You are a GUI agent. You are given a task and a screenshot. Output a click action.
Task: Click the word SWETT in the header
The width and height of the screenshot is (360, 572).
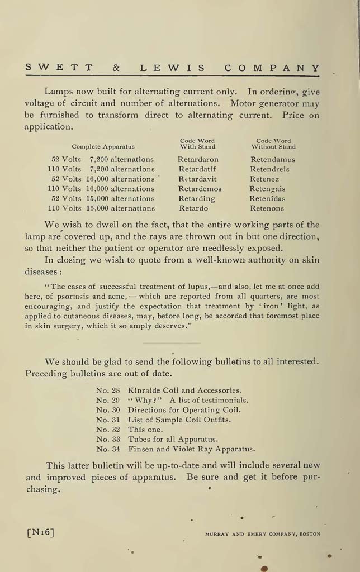(59, 68)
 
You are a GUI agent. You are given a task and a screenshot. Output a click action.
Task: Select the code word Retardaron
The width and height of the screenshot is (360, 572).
(198, 159)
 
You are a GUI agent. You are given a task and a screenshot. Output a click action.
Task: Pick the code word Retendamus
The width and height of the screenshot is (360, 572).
(273, 159)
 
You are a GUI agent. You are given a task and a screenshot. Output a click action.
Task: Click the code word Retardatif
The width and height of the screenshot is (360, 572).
(197, 169)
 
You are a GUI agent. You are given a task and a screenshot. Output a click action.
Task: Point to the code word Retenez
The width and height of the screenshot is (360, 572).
(264, 179)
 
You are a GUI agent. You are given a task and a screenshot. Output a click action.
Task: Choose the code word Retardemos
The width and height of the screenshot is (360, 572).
(200, 189)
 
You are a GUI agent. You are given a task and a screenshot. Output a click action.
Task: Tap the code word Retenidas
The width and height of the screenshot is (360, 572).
(268, 199)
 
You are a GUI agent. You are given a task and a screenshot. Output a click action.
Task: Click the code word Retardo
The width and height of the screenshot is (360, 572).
(193, 208)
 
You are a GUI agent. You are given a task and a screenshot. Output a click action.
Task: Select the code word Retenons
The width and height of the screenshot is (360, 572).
(267, 208)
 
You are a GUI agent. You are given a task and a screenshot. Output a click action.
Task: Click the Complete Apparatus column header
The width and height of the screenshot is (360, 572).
(103, 147)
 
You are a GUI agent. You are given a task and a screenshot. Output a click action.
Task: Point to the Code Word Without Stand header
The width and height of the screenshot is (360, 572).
(273, 144)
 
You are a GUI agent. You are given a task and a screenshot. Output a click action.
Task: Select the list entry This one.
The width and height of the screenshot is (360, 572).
(145, 430)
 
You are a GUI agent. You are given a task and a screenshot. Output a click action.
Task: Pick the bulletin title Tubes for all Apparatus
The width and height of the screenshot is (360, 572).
(173, 439)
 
